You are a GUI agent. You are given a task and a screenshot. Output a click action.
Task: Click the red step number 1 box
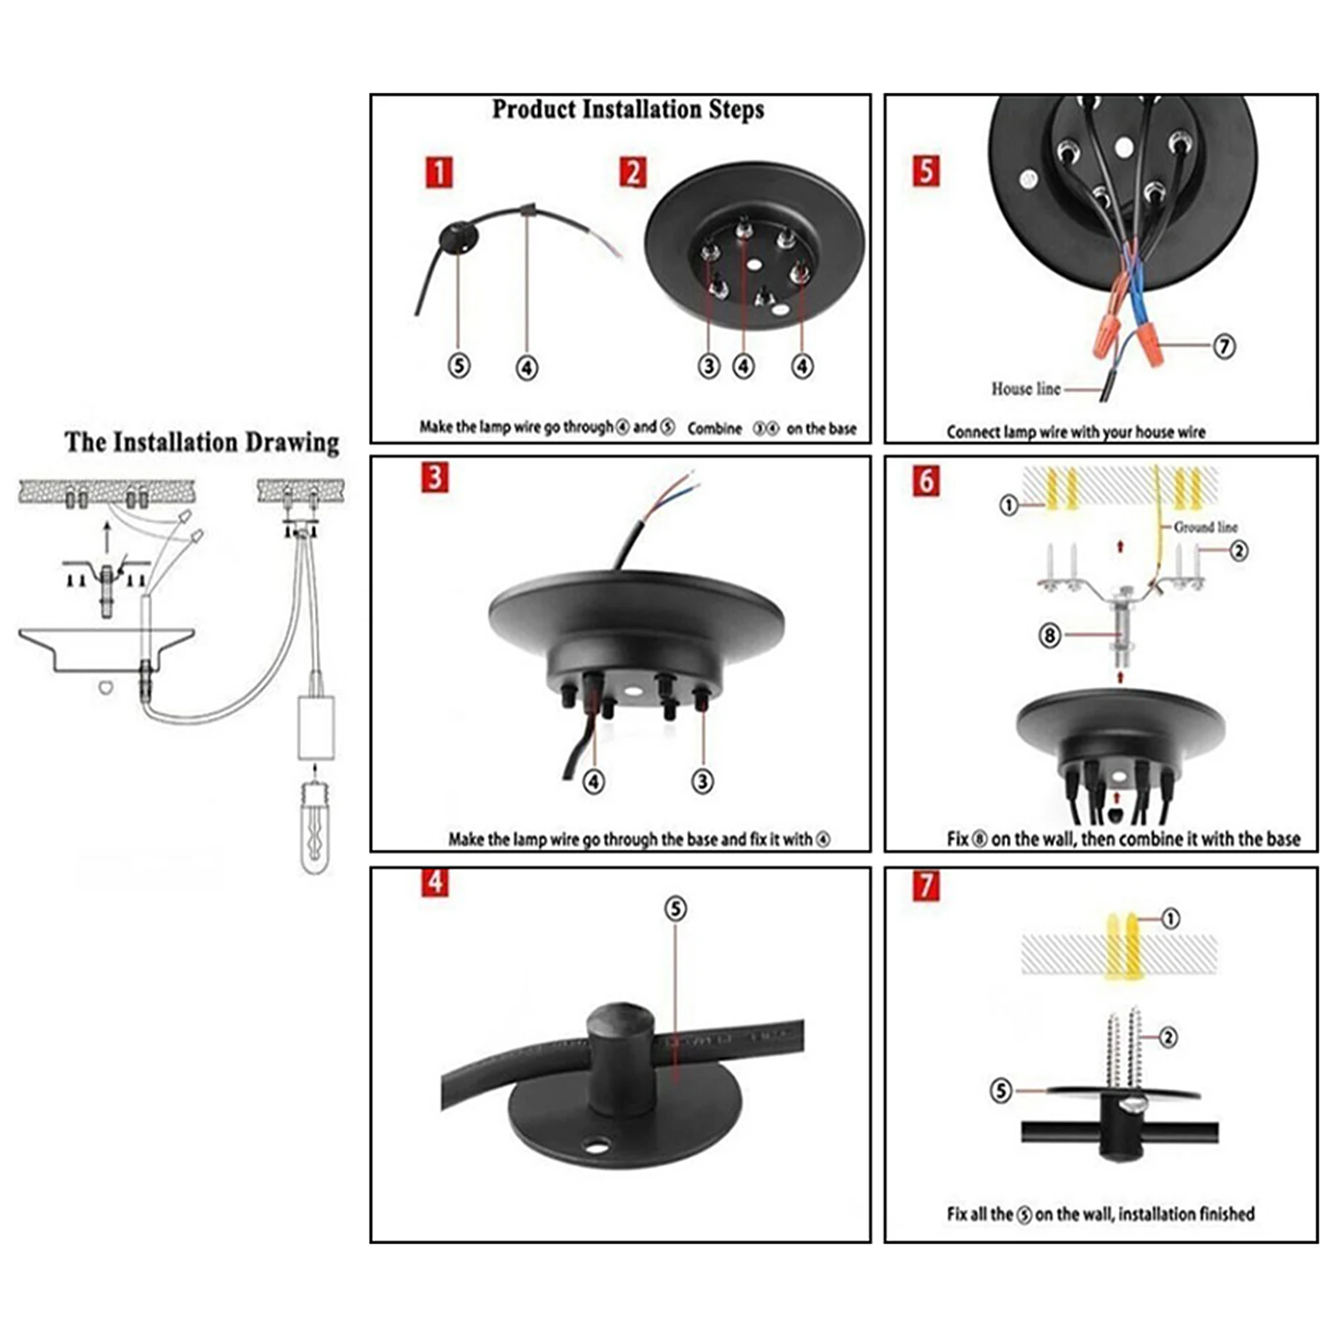coord(439,173)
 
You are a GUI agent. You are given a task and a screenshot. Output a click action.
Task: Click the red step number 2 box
coord(633,173)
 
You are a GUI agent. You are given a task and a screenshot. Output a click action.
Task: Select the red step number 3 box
coord(435,477)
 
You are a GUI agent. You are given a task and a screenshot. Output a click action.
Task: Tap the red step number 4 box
coord(435,883)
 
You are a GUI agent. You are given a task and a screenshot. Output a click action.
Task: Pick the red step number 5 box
coord(925,170)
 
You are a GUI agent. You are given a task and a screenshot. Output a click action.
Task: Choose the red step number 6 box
coord(925,480)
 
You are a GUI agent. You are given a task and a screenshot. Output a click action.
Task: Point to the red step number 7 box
coord(925,886)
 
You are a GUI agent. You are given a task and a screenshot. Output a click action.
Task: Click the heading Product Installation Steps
coord(628,109)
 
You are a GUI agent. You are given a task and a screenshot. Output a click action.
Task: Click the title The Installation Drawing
coord(201,442)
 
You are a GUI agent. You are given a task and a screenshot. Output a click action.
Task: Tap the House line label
coord(1025,389)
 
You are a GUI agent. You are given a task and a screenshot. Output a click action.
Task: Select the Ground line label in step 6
coord(1205,527)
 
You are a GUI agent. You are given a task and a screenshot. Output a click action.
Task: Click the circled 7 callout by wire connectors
coord(1223,345)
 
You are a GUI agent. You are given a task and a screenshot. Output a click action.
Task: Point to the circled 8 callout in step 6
coord(1050,636)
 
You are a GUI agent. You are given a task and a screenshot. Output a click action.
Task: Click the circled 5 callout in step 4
coord(676,908)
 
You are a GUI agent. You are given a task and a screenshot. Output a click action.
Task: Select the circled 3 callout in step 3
coord(702,781)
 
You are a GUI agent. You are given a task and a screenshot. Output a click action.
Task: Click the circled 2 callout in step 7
coord(1168,1037)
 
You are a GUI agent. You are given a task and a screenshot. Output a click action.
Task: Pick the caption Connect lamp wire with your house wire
coord(1075,432)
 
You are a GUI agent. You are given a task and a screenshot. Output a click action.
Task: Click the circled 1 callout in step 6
coord(1009,505)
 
